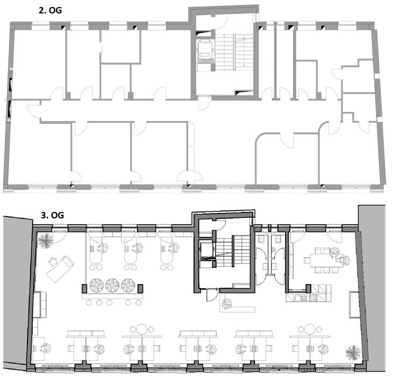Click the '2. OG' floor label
[x=50, y=10]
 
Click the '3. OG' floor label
[x=52, y=215]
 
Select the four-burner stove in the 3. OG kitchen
[x=313, y=298]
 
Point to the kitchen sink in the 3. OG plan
[x=299, y=298]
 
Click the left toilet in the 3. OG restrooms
[x=261, y=239]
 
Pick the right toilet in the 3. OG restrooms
[x=278, y=239]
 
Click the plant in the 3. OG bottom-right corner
[x=353, y=352]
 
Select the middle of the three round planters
[x=112, y=285]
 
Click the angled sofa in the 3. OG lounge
[x=60, y=269]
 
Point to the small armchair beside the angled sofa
[x=53, y=261]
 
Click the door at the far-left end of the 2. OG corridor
[x=34, y=111]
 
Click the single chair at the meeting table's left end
[x=307, y=260]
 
